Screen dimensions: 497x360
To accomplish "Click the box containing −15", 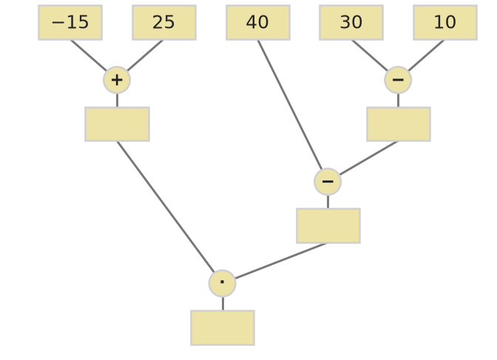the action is [x=70, y=22].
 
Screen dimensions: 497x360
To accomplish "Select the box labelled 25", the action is [x=164, y=22].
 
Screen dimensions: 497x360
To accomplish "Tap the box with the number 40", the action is [x=258, y=22].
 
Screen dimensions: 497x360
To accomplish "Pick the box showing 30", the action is [x=351, y=22].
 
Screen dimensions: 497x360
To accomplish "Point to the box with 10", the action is [x=445, y=22].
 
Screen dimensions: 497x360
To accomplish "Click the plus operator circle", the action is [x=117, y=80].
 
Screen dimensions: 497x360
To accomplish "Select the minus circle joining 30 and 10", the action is [x=398, y=80].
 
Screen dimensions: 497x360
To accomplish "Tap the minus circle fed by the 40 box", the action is [x=328, y=182].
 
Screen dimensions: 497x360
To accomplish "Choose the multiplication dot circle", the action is [x=222, y=283].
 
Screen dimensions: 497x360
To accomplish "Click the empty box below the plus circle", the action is [x=118, y=124].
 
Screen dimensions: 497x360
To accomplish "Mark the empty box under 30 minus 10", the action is [x=399, y=124].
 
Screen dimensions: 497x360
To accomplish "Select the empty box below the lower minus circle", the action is [x=328, y=226].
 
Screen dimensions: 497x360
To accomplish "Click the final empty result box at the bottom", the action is [x=223, y=327].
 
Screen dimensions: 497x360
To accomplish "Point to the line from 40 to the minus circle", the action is [x=290, y=105].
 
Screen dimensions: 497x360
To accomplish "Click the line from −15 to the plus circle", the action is [x=89, y=55].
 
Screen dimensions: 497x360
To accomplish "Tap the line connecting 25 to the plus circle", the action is [x=145, y=55].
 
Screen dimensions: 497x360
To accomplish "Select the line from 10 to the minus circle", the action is [x=426, y=55].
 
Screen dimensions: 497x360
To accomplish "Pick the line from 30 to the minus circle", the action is [x=370, y=55].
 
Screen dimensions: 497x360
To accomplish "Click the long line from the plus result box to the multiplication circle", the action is [x=166, y=207].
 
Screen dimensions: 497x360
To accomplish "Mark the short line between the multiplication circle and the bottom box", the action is [x=223, y=304].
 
